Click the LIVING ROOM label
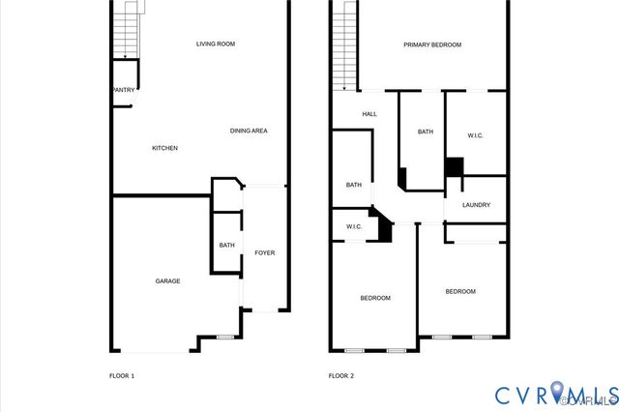point(216,44)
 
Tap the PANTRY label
point(123,90)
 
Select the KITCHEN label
point(164,148)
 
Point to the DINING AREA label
point(249,131)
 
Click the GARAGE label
point(167,280)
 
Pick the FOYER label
point(264,253)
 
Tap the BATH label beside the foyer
point(226,246)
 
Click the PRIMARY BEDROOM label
point(432,44)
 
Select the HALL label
point(369,114)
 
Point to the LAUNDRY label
point(476,205)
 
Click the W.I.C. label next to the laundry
point(476,135)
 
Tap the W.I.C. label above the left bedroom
point(354,227)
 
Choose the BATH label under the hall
point(354,185)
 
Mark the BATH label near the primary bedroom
point(426,132)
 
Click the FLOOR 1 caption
point(121,375)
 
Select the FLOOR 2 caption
point(341,375)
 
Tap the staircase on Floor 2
point(344,44)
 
